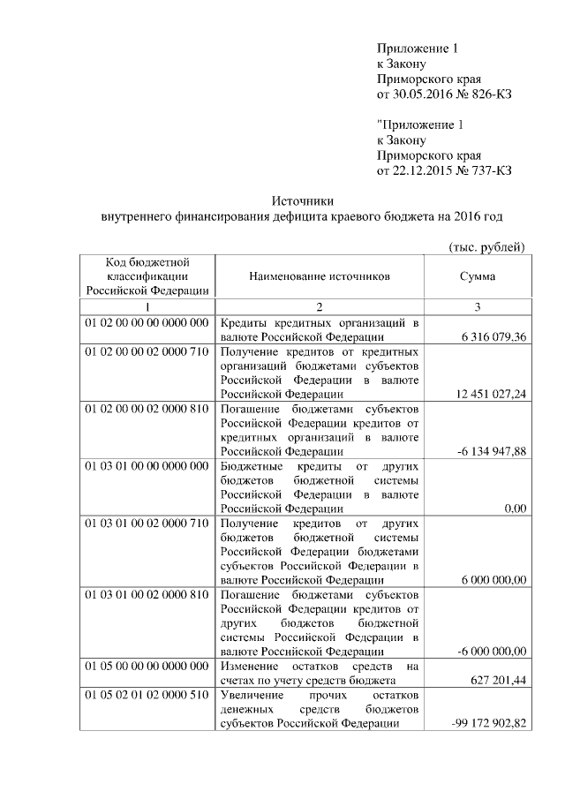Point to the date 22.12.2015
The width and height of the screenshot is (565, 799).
coord(423,170)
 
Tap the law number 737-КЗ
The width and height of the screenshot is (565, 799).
coord(490,170)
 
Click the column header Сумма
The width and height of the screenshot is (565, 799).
coord(477,276)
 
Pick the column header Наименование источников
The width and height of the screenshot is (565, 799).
coord(319,276)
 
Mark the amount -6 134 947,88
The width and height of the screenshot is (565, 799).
coord(491,452)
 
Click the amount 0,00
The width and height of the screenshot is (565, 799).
coord(514,509)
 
